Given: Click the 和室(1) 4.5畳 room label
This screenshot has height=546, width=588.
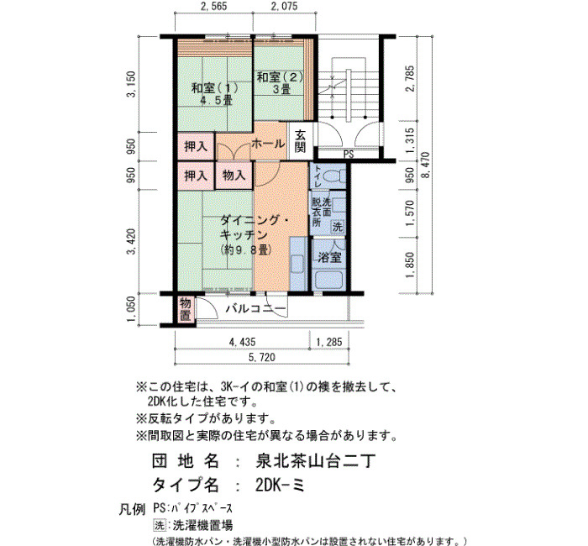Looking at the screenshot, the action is click(x=214, y=94).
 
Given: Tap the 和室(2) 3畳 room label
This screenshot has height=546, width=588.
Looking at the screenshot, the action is click(x=280, y=83).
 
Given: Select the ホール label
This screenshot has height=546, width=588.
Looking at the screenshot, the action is click(x=268, y=144).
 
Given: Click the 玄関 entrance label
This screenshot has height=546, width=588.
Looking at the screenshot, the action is click(x=300, y=141).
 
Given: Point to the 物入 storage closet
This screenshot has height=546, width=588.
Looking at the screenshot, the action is click(x=234, y=175).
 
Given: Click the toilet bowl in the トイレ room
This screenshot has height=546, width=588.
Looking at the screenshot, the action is click(x=333, y=176).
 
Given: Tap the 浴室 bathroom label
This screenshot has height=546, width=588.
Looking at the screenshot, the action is click(x=329, y=258).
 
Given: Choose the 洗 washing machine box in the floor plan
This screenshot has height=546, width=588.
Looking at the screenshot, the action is click(x=338, y=227).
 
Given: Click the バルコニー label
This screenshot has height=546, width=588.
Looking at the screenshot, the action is click(x=255, y=308).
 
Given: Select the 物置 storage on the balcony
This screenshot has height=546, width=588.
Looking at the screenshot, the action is click(x=185, y=309).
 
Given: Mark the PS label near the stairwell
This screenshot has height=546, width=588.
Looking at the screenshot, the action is click(x=349, y=154).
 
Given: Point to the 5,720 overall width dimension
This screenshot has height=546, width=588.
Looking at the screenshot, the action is click(x=262, y=357).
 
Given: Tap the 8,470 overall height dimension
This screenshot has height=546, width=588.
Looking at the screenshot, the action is click(x=426, y=165).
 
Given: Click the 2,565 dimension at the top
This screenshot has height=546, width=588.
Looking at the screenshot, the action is click(x=213, y=6).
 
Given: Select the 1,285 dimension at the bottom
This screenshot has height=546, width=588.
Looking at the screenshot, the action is click(x=329, y=342).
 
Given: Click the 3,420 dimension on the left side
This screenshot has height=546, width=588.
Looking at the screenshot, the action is click(x=132, y=242).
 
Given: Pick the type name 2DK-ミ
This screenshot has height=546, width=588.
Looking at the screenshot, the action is click(x=280, y=486).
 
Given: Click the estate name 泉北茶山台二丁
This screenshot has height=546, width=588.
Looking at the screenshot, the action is click(x=315, y=461).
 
